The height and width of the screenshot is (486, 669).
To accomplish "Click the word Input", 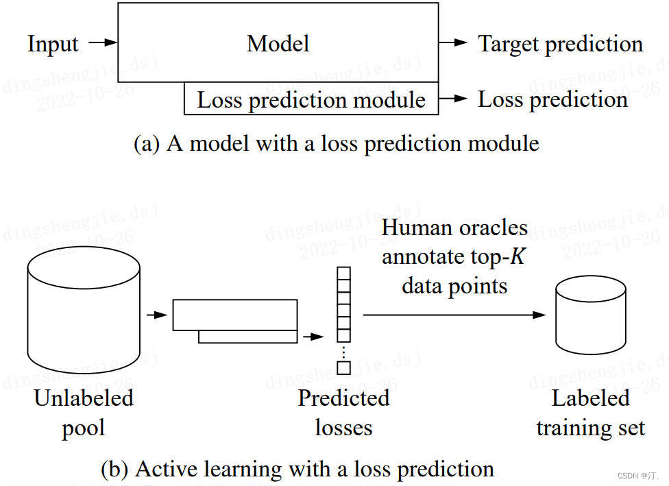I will click(x=53, y=44).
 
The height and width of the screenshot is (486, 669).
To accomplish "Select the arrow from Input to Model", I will click(x=104, y=43).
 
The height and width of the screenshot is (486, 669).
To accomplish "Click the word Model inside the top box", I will click(x=278, y=44).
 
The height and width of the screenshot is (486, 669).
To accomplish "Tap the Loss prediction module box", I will click(x=311, y=99).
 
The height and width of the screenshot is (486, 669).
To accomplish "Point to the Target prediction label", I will click(x=560, y=44).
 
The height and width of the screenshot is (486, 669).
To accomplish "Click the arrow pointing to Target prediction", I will click(x=454, y=43).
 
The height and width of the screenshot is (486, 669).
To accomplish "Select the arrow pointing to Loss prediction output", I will click(x=454, y=99).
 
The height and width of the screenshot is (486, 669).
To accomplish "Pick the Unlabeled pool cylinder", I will click(x=84, y=308).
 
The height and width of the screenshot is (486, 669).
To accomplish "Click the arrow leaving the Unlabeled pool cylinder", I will click(x=157, y=315).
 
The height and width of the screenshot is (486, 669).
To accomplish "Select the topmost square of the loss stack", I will click(x=343, y=274).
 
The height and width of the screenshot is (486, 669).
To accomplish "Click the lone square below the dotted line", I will click(x=343, y=368).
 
